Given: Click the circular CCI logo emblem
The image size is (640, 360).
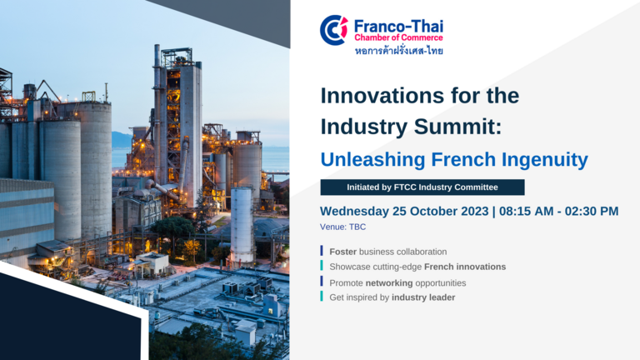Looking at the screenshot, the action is (334, 30).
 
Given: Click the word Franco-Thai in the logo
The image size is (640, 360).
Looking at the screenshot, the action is (398, 26).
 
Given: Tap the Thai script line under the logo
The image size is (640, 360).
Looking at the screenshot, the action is (399, 51).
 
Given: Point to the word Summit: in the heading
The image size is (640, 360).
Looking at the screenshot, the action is (457, 127).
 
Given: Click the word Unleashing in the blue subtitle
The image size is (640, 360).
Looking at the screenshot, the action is (372, 160).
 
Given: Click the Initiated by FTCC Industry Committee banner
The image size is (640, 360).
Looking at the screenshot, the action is (422, 187).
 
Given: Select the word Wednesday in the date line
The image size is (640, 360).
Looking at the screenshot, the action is (354, 211).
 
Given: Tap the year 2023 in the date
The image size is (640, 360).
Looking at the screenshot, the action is (475, 211).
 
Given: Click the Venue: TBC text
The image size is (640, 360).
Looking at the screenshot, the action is (342, 227).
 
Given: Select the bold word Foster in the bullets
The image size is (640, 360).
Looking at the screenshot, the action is (342, 252).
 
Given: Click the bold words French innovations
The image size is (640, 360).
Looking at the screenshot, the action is (465, 267).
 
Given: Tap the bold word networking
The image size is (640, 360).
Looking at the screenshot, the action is (389, 283).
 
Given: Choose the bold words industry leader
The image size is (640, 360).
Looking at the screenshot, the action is (423, 297).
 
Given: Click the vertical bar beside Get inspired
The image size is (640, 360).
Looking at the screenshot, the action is (322, 297).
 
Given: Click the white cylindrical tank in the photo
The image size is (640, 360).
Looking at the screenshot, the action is (242, 227).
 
